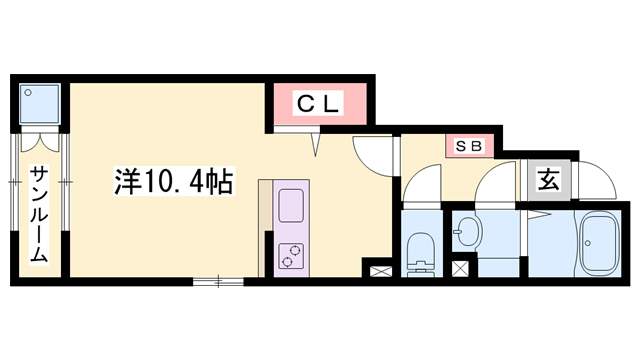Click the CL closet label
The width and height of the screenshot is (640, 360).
click(318, 102)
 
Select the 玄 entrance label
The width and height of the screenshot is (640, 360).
click(549, 180)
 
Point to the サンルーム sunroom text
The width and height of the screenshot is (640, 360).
click(37, 212)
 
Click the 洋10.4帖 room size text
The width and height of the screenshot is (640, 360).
click(172, 182)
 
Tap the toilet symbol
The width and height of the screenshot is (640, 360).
click(420, 249)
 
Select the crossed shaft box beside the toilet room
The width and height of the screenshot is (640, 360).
click(380, 269)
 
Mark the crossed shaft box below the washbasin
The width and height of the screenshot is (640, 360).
click(460, 268)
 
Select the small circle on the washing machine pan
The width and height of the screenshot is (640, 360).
click(29, 91)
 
